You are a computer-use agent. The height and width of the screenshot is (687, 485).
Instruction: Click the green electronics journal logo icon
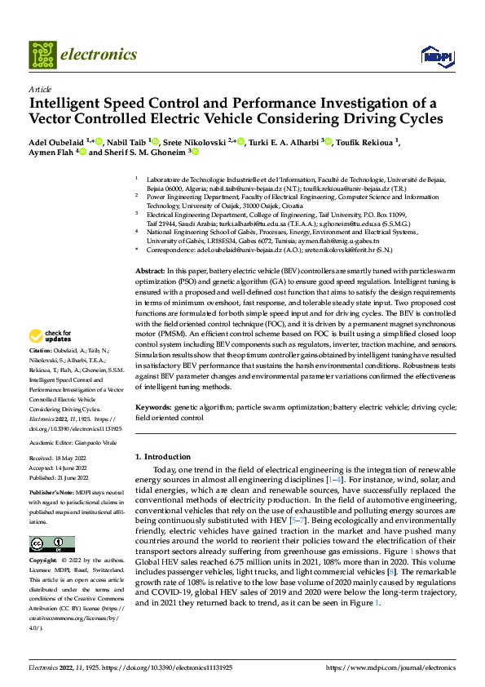[42, 55]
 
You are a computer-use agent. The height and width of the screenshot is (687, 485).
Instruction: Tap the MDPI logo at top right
[434, 55]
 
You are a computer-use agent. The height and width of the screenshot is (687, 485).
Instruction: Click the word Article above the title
[40, 89]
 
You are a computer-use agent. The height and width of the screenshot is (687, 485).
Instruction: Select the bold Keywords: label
[153, 406]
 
